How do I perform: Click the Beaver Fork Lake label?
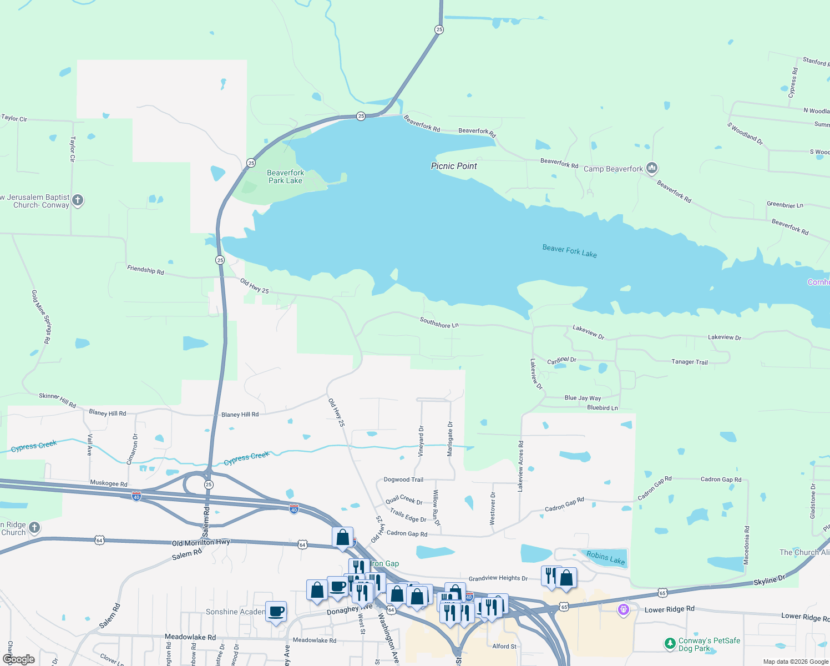point(569,251)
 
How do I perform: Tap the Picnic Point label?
point(454,166)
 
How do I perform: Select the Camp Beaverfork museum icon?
point(652,168)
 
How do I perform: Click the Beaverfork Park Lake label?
point(285,176)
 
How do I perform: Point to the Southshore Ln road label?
point(439,322)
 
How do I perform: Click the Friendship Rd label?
point(145,270)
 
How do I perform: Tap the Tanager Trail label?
point(690,362)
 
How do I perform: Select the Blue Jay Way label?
point(583,398)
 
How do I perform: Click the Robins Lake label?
point(605,558)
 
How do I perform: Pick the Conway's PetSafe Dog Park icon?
point(670,644)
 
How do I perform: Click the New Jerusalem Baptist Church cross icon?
point(78,200)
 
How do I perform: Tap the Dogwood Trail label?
point(403,480)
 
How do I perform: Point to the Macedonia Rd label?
point(747,546)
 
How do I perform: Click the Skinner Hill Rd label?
point(57,400)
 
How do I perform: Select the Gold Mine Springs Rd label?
point(41,316)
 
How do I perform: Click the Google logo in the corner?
point(19,659)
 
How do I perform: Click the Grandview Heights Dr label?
point(498,578)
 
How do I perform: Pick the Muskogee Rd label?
point(109,483)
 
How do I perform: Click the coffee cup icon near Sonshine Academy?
point(276,612)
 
